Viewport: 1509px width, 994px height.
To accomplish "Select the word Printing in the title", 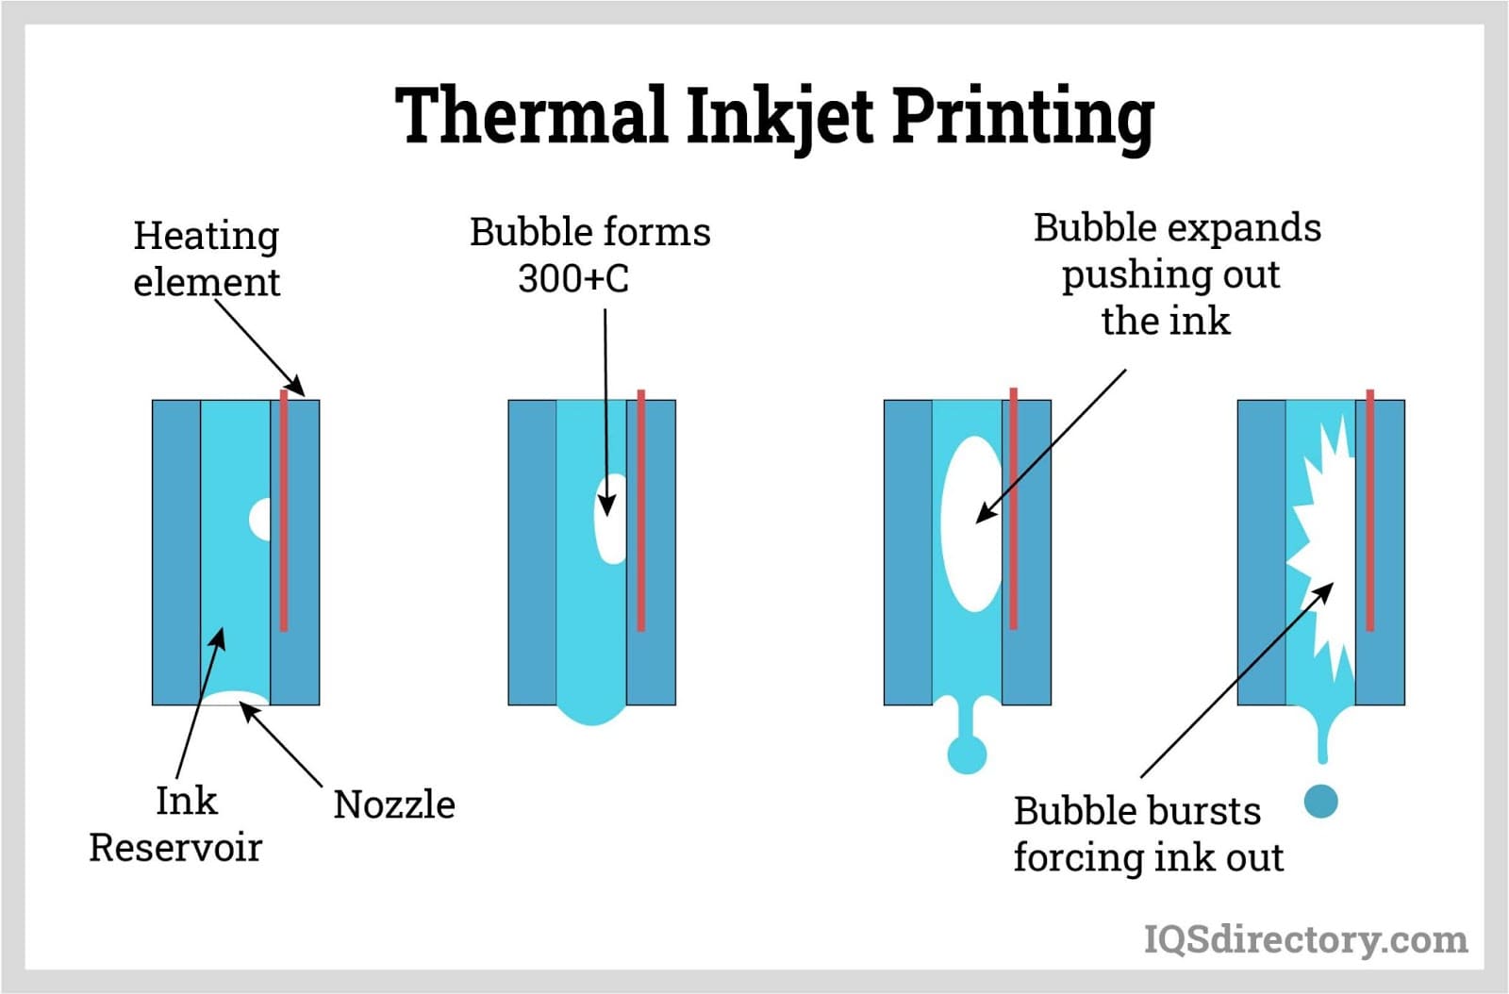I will point(1022,117).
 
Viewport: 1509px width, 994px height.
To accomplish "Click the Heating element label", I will point(207,258).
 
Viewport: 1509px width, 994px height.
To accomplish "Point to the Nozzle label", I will point(394,804).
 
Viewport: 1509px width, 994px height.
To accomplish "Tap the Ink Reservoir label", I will point(177,824).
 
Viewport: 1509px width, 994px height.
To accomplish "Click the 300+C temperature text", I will point(573,278).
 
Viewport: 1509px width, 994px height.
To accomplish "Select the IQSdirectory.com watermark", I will point(1305,939).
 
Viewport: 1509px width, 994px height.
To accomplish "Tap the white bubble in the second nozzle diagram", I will point(611,519).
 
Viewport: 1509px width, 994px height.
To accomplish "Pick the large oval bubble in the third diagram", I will point(971,523).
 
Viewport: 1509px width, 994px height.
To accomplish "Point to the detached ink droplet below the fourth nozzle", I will point(1320,802).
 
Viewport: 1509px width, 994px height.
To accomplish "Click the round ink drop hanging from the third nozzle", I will point(967,754).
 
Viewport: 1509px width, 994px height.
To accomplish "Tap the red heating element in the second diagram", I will point(641,509).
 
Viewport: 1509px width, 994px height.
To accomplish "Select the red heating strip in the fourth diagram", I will point(1369,509).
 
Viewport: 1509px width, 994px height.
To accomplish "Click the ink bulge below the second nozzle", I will point(591,714).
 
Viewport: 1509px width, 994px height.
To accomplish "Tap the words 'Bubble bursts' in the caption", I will point(1136,811).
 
